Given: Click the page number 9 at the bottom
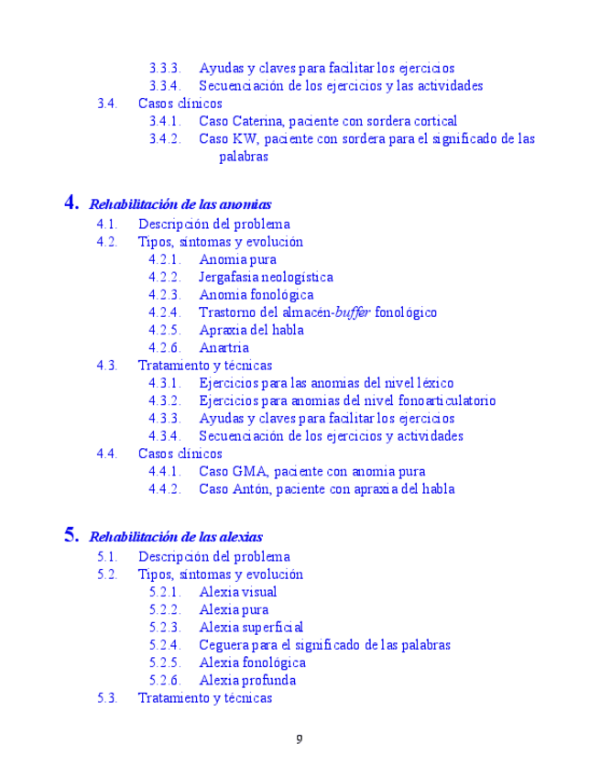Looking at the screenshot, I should (x=299, y=739).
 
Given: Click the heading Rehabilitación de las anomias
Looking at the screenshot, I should (x=180, y=204).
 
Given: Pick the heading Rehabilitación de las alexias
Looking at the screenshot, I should (x=176, y=537).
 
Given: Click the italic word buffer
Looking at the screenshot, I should (x=353, y=312).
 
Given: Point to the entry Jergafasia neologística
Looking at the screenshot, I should (x=266, y=277).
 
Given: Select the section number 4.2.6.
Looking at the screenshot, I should (x=165, y=347).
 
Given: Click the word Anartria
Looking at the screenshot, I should (x=224, y=347).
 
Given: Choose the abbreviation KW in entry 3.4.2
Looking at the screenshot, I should (x=245, y=139).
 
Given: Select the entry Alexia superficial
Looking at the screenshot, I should (x=251, y=628).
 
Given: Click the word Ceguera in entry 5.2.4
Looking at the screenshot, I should (x=224, y=645).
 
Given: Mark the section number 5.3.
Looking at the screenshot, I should (x=107, y=697).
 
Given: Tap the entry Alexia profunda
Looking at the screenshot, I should (x=247, y=680).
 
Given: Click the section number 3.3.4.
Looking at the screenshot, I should (x=165, y=86).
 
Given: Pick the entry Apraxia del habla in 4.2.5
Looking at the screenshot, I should (x=251, y=330).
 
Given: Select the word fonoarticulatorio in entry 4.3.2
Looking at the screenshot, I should (x=445, y=400).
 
